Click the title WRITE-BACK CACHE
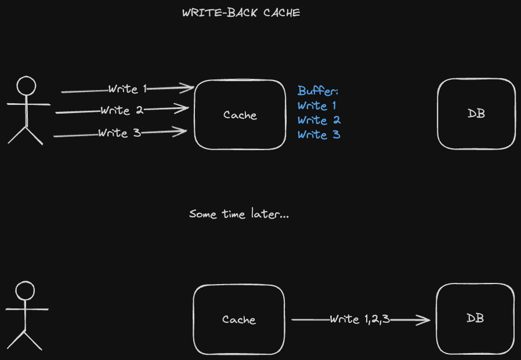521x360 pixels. click(241, 13)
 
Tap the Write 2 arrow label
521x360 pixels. click(122, 110)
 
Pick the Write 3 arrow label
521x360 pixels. click(119, 133)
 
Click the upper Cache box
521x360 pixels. click(240, 115)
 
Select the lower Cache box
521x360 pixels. click(238, 319)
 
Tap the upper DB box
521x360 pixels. click(476, 114)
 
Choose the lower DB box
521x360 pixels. click(475, 318)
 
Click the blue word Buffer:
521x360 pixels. click(317, 91)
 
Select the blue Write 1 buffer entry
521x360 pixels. click(317, 106)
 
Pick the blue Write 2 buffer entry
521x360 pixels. click(319, 120)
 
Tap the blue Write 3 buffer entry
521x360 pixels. click(319, 134)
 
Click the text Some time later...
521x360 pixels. click(239, 214)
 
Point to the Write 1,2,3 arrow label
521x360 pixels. click(359, 319)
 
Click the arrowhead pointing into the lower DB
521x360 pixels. click(425, 320)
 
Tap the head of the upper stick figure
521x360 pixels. click(26, 86)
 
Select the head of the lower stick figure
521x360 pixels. click(25, 290)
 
